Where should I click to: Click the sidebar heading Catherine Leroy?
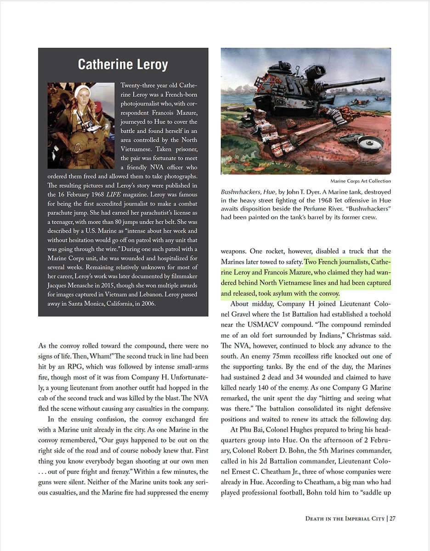(x=123, y=64)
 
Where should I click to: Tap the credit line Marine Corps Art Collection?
(x=361, y=181)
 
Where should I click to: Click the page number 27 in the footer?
(x=393, y=518)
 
